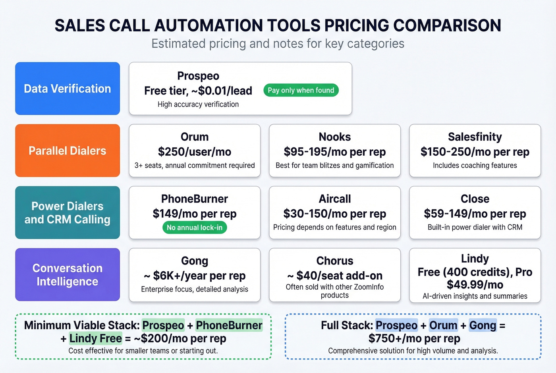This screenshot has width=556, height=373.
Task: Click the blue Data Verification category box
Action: (68, 89)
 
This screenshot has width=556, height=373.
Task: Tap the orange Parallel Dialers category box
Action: (68, 151)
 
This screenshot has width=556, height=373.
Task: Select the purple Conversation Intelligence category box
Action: (68, 274)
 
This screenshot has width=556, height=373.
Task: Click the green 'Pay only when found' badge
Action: (301, 90)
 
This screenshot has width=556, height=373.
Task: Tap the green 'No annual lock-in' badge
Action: (195, 228)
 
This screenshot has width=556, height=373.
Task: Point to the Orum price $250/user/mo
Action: (195, 152)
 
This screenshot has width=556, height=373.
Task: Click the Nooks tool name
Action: (335, 137)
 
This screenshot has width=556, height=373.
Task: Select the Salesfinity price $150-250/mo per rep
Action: (475, 152)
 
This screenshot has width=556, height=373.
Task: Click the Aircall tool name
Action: (335, 199)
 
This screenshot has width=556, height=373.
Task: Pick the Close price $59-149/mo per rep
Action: (475, 214)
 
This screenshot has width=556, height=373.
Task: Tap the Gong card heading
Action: (195, 261)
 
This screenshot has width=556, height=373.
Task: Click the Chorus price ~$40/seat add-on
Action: (335, 276)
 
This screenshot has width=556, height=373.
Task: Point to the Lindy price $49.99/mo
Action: (475, 285)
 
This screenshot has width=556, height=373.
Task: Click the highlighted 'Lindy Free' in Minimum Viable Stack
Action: (96, 338)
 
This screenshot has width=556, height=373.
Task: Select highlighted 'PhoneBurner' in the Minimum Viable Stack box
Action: (229, 325)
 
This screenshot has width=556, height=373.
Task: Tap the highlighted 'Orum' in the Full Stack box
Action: (443, 325)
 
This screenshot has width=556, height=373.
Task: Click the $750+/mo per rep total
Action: (414, 338)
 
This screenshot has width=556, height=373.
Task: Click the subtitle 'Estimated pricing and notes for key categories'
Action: (278, 43)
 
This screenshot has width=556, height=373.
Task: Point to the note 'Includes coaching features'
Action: (475, 166)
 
